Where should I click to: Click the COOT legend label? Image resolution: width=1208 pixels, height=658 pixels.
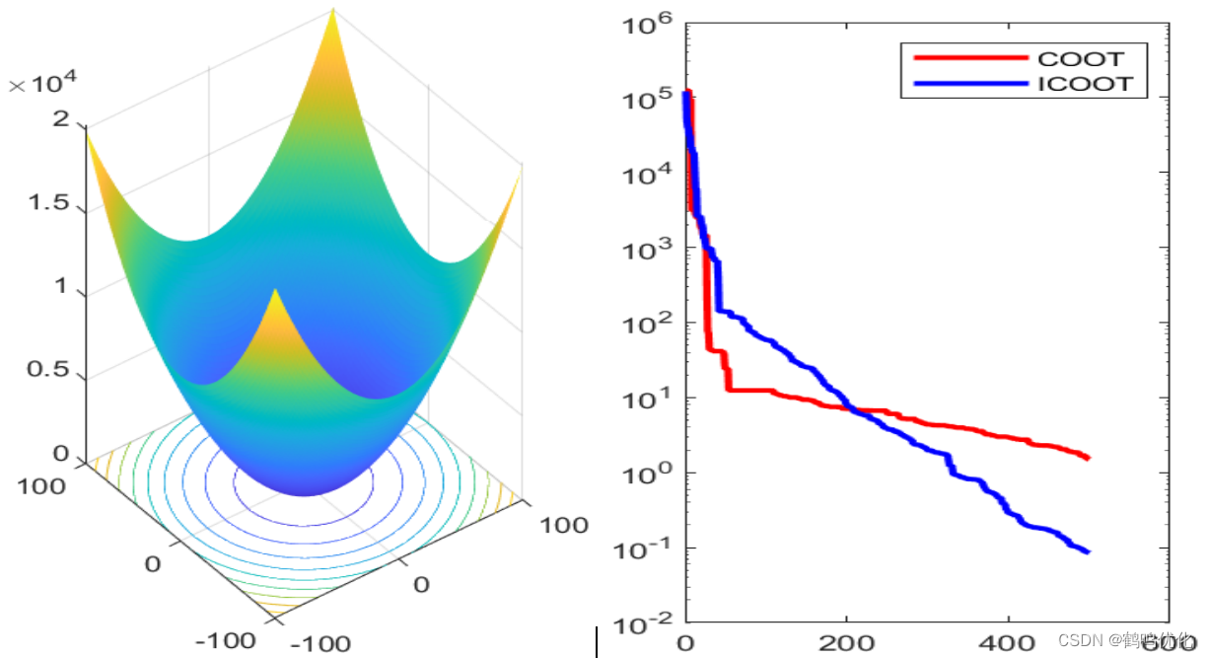coord(1080,59)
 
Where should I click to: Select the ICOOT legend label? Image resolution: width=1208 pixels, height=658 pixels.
coord(1085,84)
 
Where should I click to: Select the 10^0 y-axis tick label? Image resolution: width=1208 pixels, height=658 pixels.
coord(646,475)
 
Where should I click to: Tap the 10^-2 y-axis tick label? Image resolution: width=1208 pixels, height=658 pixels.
coord(646,625)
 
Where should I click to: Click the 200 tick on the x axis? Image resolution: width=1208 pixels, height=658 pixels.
coord(846,643)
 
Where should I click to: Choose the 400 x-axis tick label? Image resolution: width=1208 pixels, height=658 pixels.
coord(1008,643)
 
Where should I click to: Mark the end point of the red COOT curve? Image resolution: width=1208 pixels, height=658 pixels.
coord(1087,458)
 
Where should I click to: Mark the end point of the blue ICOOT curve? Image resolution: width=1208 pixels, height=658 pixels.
coord(1087,551)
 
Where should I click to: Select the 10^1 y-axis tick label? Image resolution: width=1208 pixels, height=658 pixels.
coord(646,401)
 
